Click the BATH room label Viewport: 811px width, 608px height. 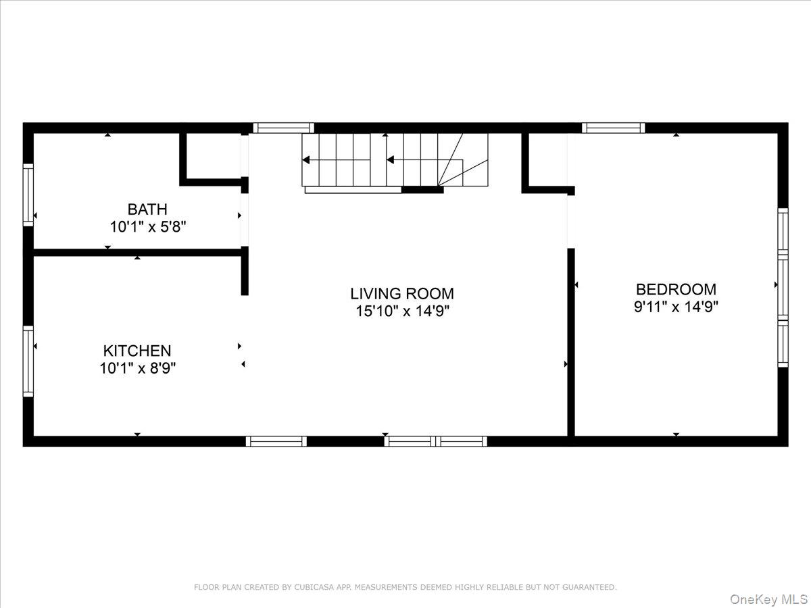pos(147,209)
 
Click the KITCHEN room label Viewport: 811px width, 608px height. pos(137,351)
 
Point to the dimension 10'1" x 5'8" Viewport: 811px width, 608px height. pos(147,227)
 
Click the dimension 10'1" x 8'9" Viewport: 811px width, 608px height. pos(137,369)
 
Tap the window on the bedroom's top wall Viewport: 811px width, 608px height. pos(613,128)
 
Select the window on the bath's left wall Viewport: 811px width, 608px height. pos(28,195)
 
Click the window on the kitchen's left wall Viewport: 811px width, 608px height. pos(28,361)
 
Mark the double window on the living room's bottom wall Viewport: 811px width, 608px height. pos(435,441)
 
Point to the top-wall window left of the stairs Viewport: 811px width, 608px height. pos(283,128)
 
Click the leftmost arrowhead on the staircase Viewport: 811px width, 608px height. pos(306,160)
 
